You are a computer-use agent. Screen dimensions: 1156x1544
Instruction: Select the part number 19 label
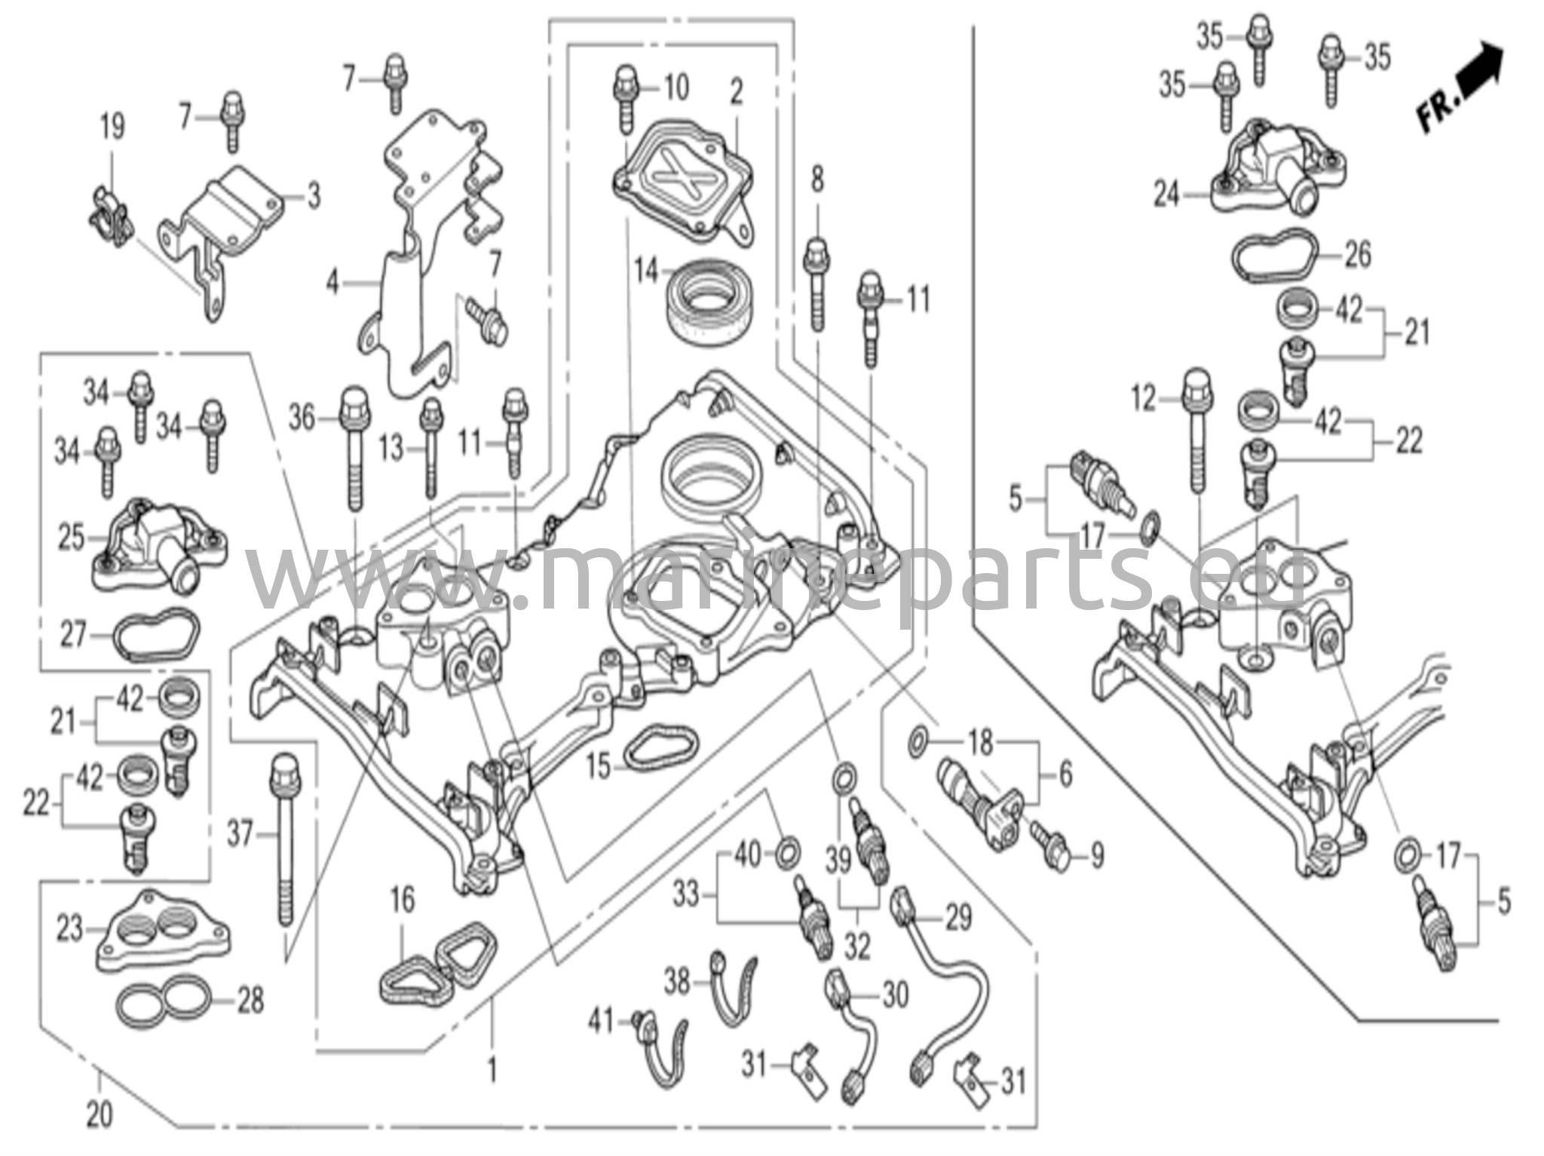point(112,127)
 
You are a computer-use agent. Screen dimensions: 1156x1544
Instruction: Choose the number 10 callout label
point(676,87)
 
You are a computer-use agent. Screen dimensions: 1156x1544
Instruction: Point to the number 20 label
point(99,1115)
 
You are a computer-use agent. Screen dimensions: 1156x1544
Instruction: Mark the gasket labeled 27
point(156,636)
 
